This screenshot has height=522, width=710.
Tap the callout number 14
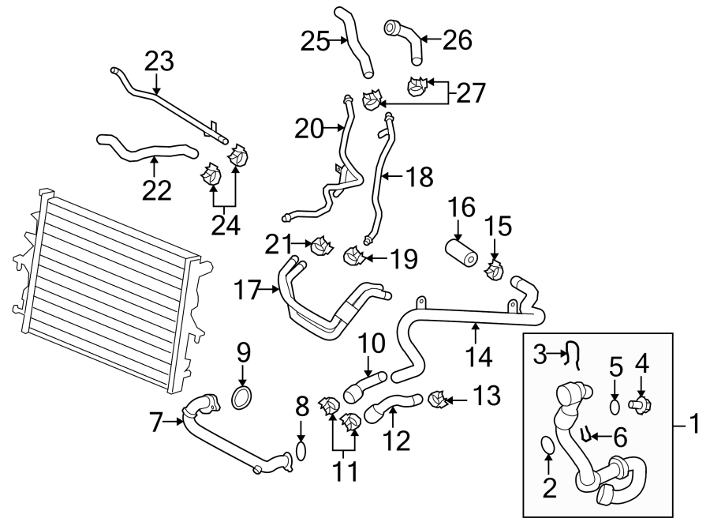479,356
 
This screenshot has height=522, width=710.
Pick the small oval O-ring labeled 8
301,451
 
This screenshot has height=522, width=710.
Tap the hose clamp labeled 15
495,272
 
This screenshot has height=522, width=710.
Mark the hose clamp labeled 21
321,246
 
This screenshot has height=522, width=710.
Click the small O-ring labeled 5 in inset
615,406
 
